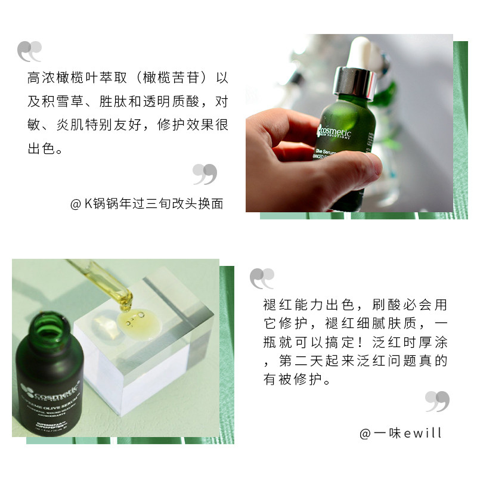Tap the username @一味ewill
401,433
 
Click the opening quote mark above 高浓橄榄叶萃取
30,51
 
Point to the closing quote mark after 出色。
205,174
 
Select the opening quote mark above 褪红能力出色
262,278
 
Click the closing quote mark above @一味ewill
437,401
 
